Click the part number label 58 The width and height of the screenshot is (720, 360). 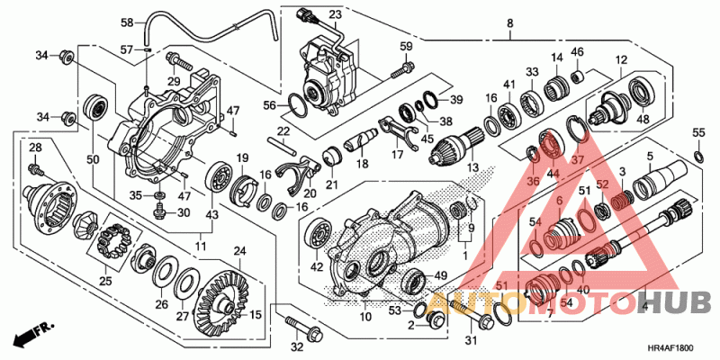click(x=127, y=22)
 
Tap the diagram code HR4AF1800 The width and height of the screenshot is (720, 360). click(x=670, y=348)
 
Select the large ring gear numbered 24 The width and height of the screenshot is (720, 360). click(x=222, y=298)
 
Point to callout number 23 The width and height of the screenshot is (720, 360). click(x=335, y=14)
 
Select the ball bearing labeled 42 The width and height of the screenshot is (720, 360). click(x=318, y=236)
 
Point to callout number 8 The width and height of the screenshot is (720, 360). click(x=510, y=22)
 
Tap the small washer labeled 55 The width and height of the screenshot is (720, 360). click(x=698, y=156)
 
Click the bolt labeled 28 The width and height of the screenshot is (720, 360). click(x=36, y=169)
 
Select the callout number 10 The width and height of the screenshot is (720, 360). click(x=365, y=317)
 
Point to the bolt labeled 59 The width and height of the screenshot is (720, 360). click(x=403, y=69)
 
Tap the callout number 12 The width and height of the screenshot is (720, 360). click(x=621, y=59)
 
